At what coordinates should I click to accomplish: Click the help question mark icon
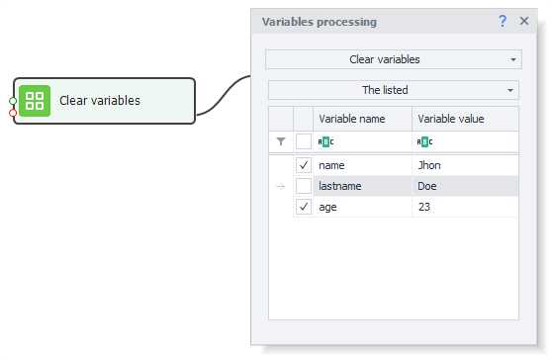(503, 21)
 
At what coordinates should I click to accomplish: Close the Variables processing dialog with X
(524, 21)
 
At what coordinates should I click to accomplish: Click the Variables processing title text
(318, 21)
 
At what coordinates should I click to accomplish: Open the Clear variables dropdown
(393, 59)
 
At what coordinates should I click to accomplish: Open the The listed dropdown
(393, 90)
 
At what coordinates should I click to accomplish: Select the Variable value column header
(450, 119)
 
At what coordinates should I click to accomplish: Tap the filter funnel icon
(280, 141)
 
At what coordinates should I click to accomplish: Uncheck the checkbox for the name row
(304, 165)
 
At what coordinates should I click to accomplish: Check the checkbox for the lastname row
(304, 186)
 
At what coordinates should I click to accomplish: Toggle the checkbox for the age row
(304, 207)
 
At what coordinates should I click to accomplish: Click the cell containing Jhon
(429, 165)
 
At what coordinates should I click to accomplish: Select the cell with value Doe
(427, 186)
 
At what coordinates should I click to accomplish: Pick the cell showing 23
(424, 207)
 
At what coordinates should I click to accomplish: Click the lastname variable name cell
(339, 186)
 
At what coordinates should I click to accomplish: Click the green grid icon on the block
(36, 101)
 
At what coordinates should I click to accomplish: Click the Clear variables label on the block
(99, 101)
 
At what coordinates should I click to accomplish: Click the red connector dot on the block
(13, 113)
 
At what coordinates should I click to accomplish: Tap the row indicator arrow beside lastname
(280, 186)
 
